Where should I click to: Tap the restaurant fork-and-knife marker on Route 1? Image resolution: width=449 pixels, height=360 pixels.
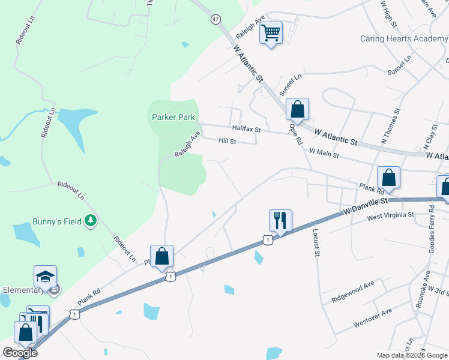280,220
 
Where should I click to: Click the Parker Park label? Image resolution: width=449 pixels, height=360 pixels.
173,117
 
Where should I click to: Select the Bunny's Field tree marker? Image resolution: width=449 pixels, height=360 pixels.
91,221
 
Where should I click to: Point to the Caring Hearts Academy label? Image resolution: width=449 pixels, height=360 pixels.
404,39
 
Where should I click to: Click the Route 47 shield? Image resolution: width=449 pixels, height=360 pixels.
215,19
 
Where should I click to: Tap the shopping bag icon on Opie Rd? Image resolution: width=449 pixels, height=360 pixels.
297,109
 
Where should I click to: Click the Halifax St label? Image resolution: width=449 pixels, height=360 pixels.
247,129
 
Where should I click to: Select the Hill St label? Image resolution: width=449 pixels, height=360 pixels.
228,141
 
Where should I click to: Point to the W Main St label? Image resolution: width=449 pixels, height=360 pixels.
324,154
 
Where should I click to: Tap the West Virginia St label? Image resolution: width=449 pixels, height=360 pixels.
391,215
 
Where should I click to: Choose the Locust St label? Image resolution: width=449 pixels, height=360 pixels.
316,242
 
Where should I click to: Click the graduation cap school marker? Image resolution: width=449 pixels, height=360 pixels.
45,276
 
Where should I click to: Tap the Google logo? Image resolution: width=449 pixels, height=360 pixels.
20,353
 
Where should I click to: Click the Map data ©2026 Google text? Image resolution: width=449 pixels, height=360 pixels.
412,355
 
